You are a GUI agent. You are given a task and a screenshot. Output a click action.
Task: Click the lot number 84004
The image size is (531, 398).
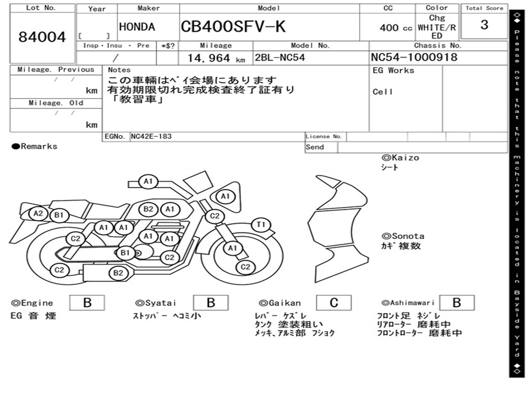pos(42,37)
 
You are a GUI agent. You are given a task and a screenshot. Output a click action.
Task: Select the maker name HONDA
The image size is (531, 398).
pos(137,27)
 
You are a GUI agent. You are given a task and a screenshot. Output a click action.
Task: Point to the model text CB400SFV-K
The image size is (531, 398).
pos(233,26)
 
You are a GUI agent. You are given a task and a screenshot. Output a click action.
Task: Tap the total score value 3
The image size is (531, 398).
pos(484,25)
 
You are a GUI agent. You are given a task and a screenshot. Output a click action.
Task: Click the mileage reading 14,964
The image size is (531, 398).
pos(209,58)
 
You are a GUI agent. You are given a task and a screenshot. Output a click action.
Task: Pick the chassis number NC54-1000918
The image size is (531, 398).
pos(414,57)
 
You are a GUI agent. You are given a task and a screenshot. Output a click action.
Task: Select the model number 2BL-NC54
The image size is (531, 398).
pos(280,58)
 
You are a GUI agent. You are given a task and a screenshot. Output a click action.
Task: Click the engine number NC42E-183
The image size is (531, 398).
pos(151,136)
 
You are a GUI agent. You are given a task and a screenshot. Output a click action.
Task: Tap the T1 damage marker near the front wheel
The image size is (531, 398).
pos(261,225)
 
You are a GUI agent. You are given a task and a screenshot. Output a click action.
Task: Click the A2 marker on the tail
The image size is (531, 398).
pos(38,214)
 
